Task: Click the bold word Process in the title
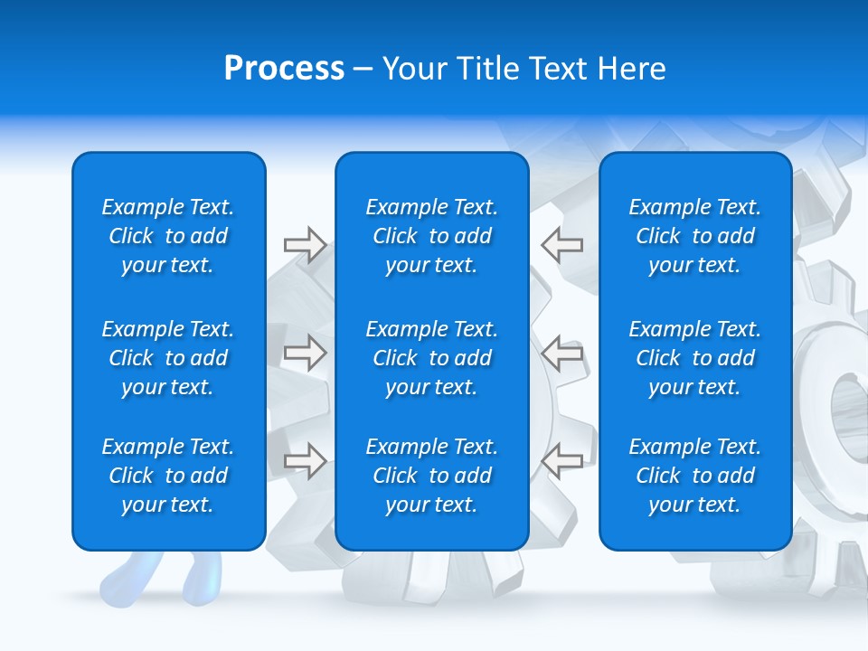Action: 284,69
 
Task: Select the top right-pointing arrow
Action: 305,245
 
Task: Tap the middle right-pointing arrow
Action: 305,353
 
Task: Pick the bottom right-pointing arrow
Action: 305,461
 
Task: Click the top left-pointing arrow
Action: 561,245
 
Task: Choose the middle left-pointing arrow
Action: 561,353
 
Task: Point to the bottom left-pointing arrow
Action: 561,461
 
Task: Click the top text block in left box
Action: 168,236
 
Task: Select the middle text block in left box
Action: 168,358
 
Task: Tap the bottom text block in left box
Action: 168,476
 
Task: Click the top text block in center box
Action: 432,236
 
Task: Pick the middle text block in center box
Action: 432,358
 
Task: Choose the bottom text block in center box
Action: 432,476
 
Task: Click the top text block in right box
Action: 695,236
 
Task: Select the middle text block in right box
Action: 695,358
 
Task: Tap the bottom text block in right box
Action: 695,476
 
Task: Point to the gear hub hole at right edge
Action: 851,398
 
